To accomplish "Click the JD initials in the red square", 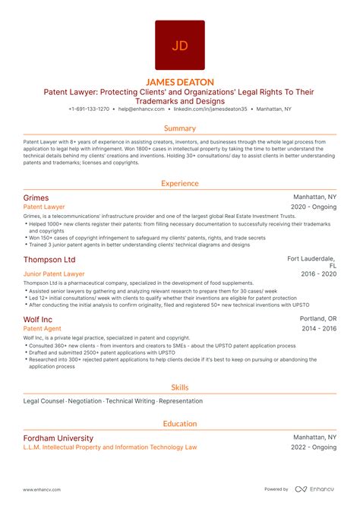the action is (x=180, y=46).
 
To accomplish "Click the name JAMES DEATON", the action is (x=180, y=81).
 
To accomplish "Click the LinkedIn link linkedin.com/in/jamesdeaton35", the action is (x=207, y=110).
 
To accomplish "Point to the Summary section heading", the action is (x=180, y=128).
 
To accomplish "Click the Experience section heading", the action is (x=180, y=183).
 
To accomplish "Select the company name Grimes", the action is (x=36, y=197).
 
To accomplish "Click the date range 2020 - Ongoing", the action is (x=314, y=207).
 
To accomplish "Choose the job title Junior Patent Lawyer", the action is (x=54, y=273).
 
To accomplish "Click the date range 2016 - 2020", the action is (x=318, y=273).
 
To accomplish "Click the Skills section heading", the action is (x=180, y=387).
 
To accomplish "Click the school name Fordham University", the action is (x=58, y=438).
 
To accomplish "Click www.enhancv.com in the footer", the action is (x=42, y=488).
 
